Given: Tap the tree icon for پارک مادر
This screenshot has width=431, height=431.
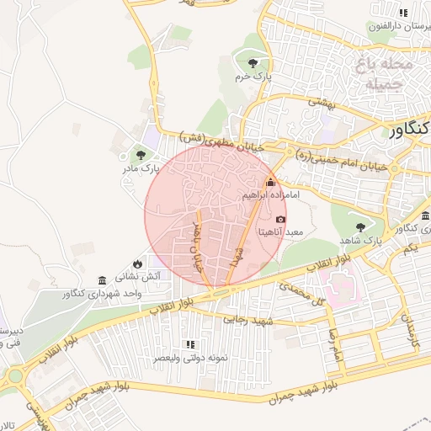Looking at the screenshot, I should point(140,155).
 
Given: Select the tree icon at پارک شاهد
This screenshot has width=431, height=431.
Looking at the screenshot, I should point(361,226).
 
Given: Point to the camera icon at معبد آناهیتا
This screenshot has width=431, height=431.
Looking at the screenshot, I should point(281,219).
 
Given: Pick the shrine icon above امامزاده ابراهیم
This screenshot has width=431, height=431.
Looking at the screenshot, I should point(270,182).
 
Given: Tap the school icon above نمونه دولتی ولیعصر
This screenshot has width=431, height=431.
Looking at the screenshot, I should point(190,344).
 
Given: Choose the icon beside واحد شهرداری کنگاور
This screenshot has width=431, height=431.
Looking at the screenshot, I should point(102,279).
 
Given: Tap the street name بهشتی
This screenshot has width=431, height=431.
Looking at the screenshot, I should point(321,102).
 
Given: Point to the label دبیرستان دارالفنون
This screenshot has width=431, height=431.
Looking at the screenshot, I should point(398,26).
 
